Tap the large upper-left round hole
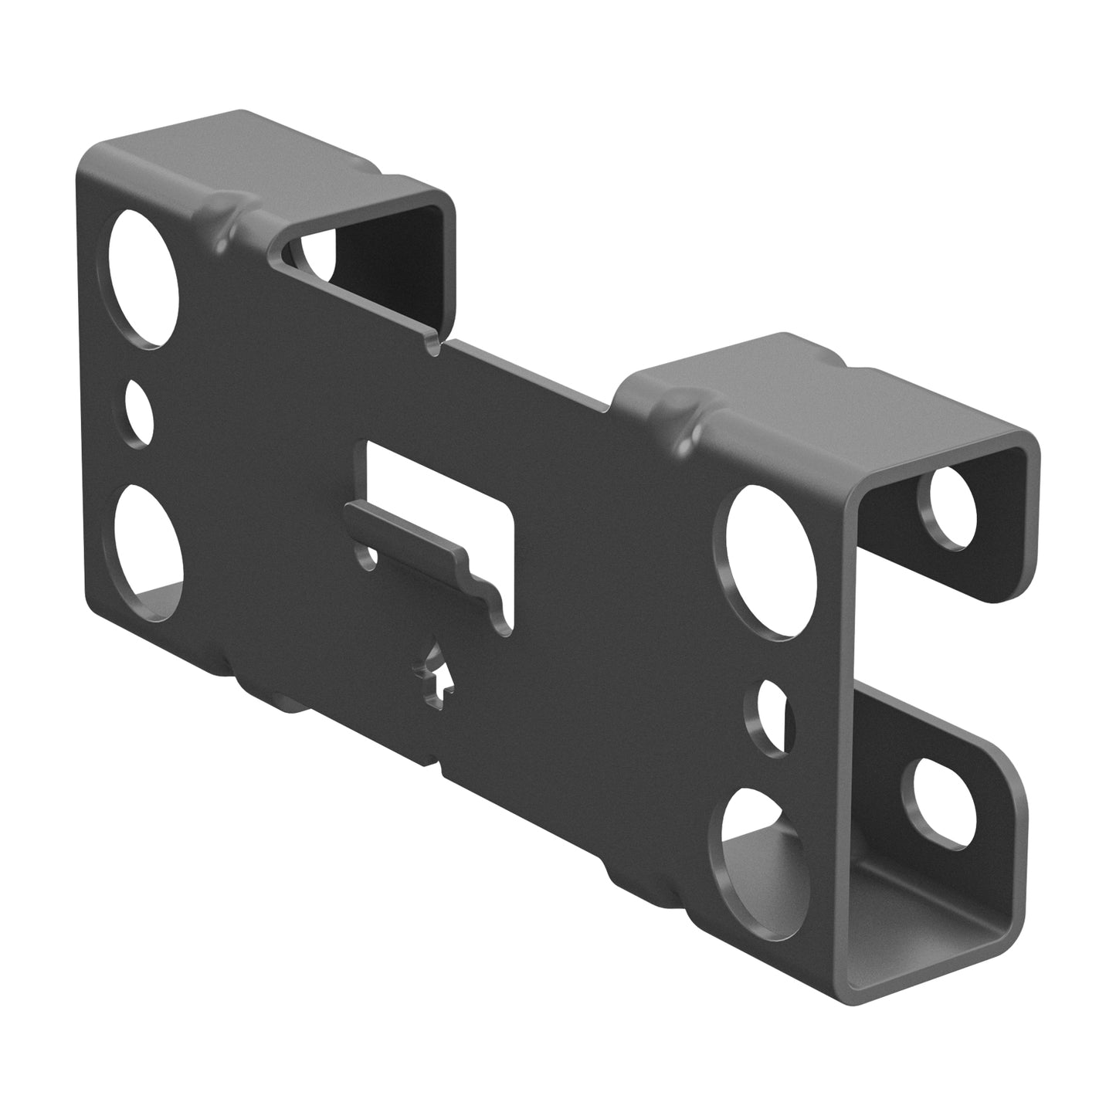[x=144, y=279]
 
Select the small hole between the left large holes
[x=139, y=412]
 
